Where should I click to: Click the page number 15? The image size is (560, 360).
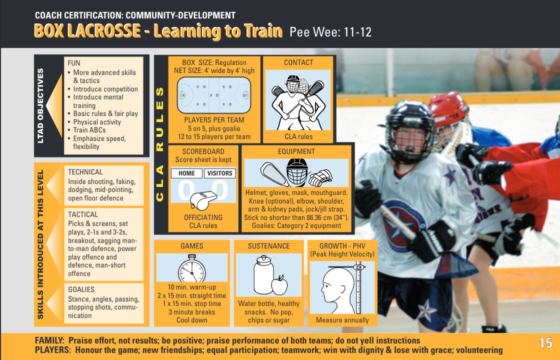pos(546,344)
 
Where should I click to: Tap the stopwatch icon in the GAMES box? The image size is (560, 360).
pos(192,270)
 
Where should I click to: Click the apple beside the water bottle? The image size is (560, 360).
pos(279,285)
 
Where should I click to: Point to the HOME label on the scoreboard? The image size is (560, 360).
pos(186,173)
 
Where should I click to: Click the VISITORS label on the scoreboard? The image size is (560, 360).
pos(219,173)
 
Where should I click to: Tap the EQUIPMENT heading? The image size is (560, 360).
pos(296,151)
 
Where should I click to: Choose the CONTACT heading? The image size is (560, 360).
pos(298,62)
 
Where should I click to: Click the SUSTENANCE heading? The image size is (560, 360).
pos(268,246)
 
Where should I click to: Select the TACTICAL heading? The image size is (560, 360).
pos(83,214)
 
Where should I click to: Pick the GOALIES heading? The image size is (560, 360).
pos(81,289)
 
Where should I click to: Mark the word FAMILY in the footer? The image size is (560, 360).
pos(49,340)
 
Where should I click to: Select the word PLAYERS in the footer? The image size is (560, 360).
pos(52,350)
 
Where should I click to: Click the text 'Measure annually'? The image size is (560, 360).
pos(342,320)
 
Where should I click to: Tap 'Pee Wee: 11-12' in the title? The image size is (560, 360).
pos(330,32)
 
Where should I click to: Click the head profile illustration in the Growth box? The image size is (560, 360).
pos(333,290)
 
